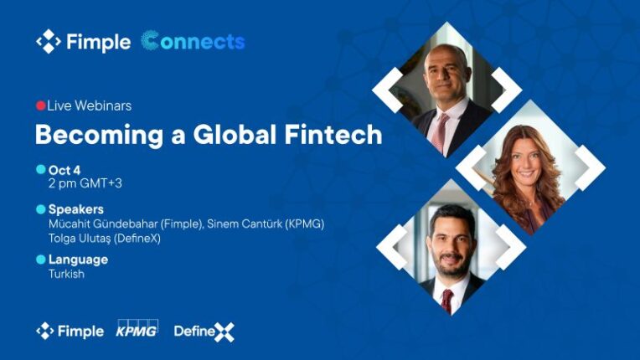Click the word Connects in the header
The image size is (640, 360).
point(194,41)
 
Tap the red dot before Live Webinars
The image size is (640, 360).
point(40,106)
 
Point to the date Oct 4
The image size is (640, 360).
point(65,169)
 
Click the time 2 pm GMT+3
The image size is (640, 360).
point(85,183)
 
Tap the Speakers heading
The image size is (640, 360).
point(76,209)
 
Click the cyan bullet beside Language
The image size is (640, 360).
point(40,260)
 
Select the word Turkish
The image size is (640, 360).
point(66,274)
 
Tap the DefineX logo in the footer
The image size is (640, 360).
point(204,332)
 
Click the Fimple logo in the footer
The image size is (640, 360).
point(70,332)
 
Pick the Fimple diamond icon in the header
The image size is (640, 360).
point(49,41)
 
